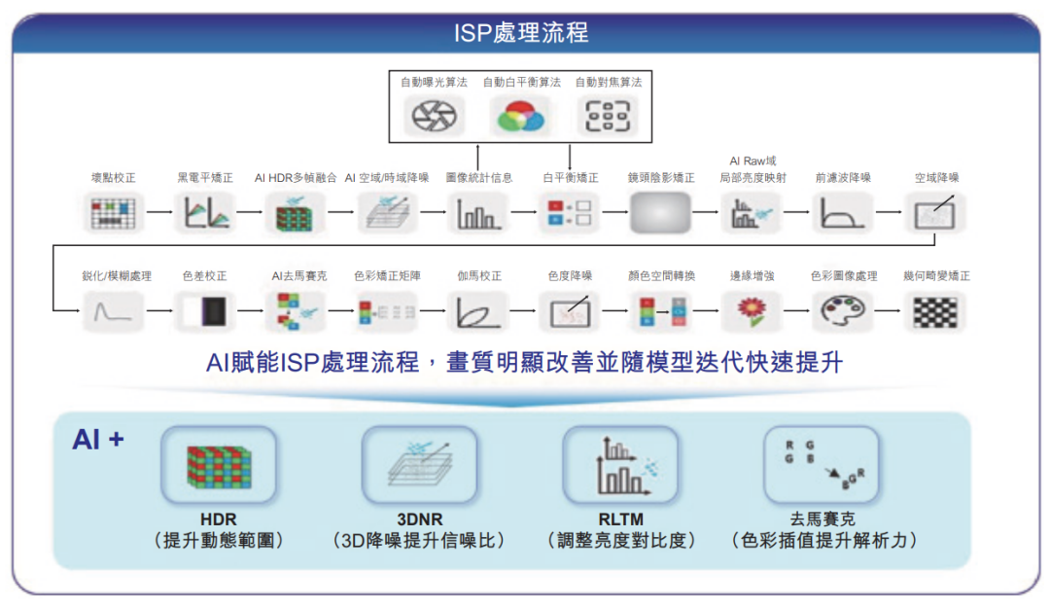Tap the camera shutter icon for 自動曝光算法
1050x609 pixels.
point(434,115)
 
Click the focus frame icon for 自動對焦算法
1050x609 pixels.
point(608,116)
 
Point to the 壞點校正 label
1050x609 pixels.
point(114,178)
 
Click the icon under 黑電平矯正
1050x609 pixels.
point(204,212)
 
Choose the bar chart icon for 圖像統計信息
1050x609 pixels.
point(478,212)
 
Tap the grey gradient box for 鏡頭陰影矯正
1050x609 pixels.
point(660,212)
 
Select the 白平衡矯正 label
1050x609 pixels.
point(570,178)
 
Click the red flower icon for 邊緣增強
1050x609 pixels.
point(751,311)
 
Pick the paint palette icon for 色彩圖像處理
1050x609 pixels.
point(842,311)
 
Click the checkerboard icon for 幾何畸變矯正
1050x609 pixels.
point(934,311)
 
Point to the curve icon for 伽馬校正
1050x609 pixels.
point(478,311)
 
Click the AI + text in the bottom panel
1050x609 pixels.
point(98,440)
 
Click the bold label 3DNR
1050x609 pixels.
point(419,520)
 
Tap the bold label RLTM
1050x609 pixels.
point(621,520)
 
